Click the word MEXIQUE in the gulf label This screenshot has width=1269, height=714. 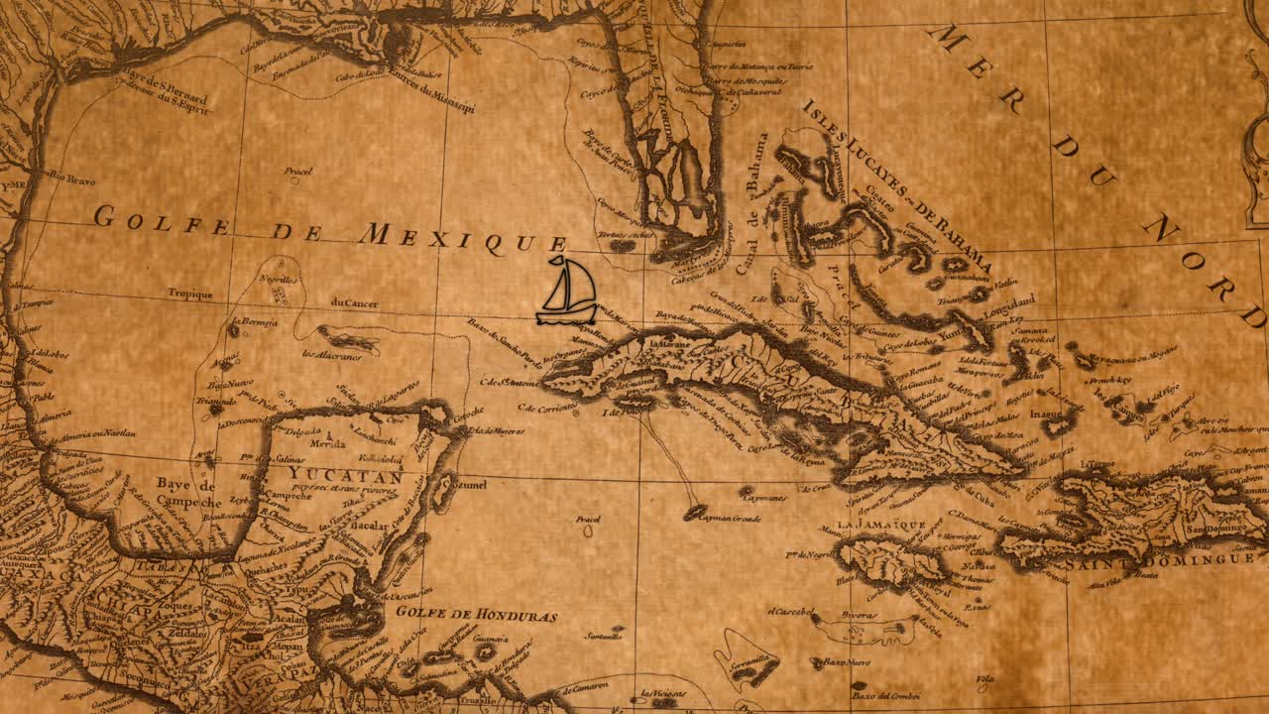(x=462, y=238)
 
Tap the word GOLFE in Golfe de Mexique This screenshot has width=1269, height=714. (x=163, y=220)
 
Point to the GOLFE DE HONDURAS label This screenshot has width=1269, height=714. (x=476, y=614)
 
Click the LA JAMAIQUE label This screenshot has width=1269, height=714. (x=880, y=525)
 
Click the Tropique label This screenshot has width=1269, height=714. (x=190, y=294)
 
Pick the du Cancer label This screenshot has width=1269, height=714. (x=354, y=303)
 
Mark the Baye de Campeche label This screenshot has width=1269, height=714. (x=185, y=493)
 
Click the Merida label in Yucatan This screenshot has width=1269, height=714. (x=327, y=444)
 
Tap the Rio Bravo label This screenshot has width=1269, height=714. (x=67, y=179)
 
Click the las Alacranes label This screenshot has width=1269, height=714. (x=331, y=355)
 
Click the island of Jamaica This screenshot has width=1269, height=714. (x=887, y=561)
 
